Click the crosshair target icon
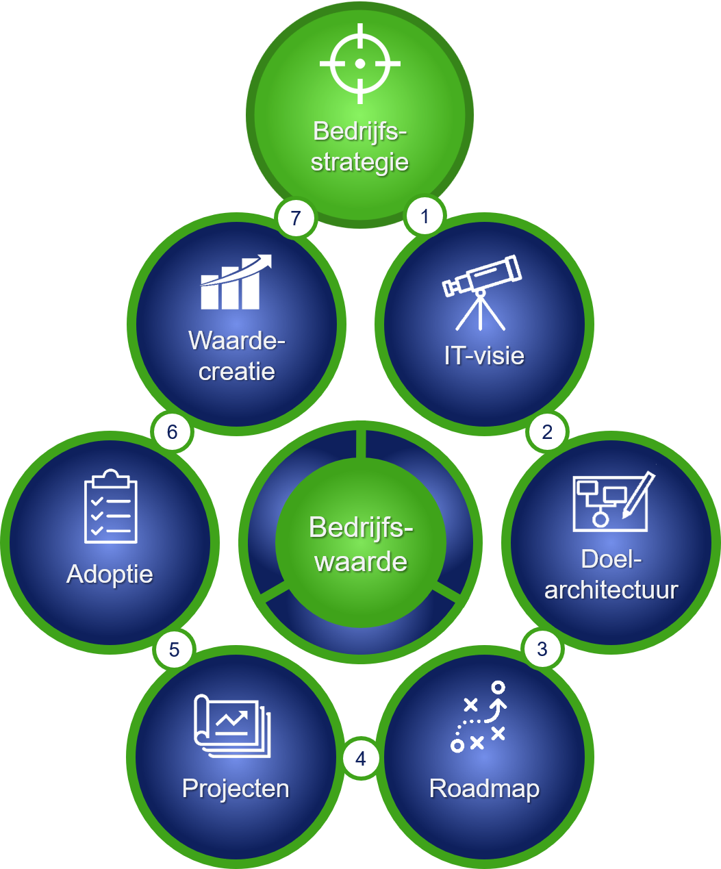point(360,64)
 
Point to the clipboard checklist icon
point(110,507)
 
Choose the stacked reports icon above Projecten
point(232,727)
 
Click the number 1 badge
point(425,216)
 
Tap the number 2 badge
point(547,431)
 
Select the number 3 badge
point(542,648)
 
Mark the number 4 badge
point(361,758)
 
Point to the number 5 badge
point(174,648)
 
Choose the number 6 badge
point(172,431)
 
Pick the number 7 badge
point(296,218)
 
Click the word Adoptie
point(110,574)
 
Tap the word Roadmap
point(484,788)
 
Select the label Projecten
point(236,789)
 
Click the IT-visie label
point(484,355)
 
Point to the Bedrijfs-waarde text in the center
point(361,544)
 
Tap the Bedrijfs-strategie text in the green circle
point(360,147)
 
